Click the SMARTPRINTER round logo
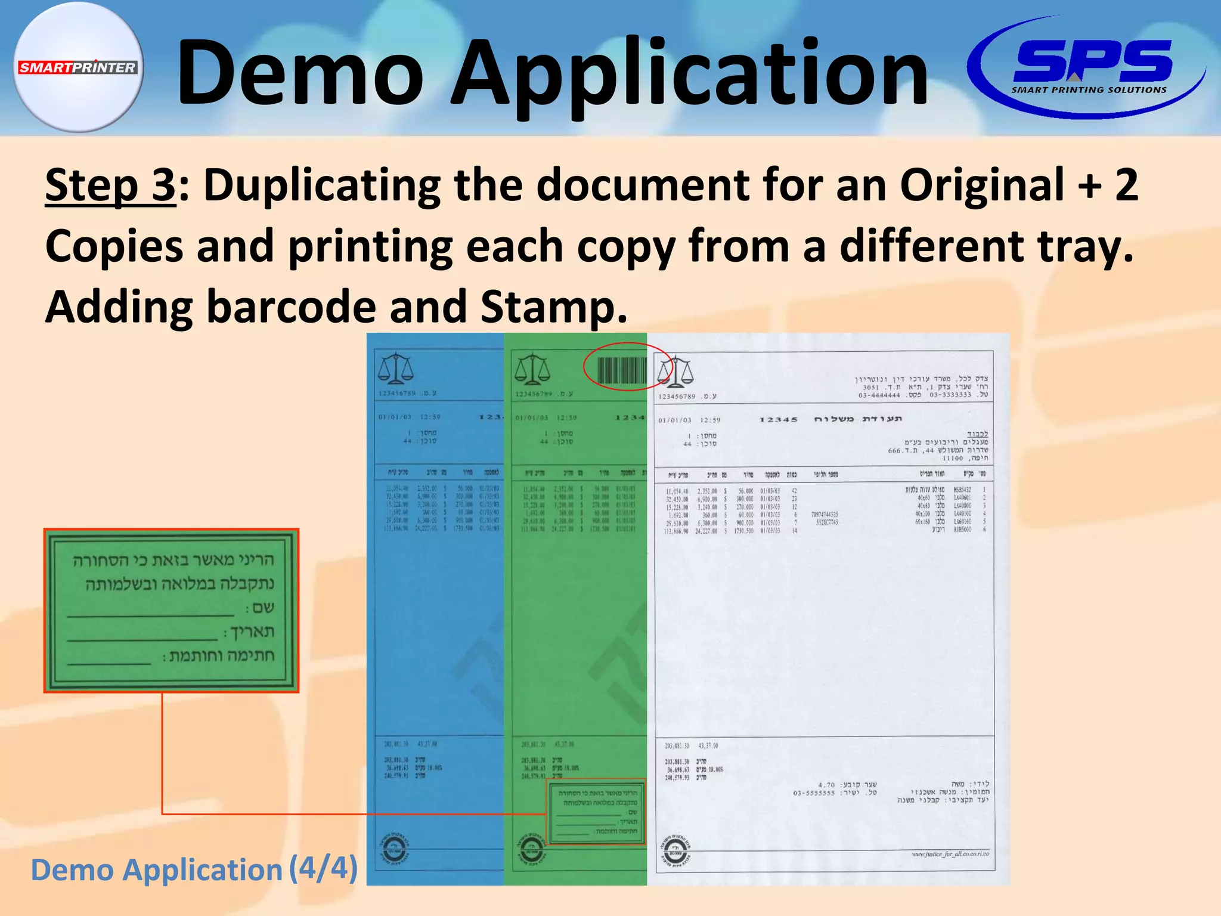point(78,67)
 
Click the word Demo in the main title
point(300,73)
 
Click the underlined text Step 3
point(110,185)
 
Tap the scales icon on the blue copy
point(395,369)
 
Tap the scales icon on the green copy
point(532,369)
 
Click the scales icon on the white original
point(675,372)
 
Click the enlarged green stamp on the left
point(171,610)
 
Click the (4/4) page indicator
point(323,868)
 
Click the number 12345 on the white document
point(778,420)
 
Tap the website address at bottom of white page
point(950,854)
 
